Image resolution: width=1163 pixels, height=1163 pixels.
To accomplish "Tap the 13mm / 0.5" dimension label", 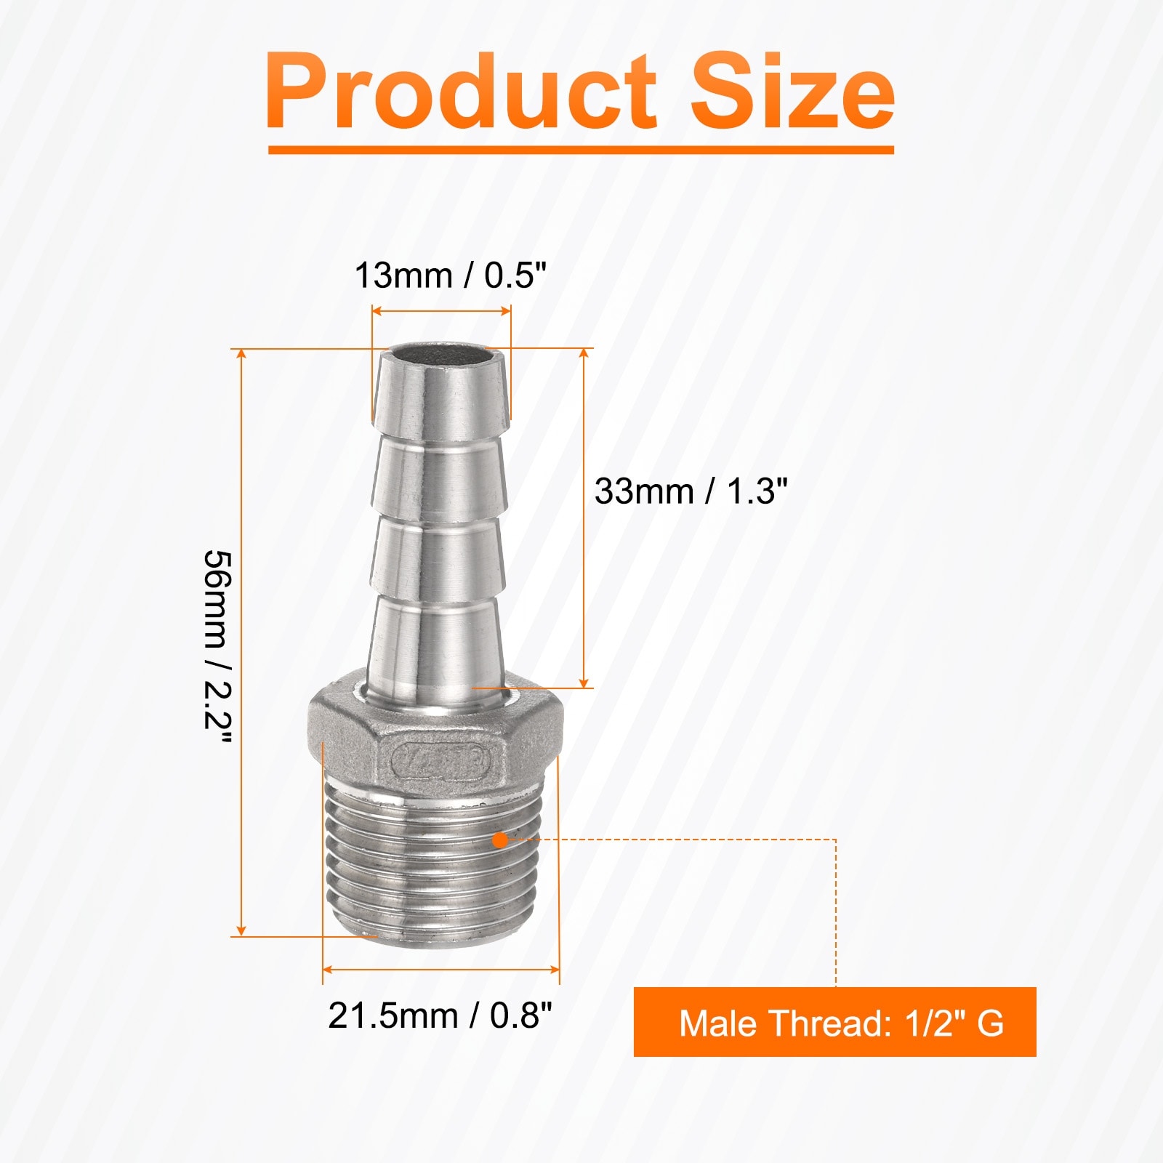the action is [450, 275].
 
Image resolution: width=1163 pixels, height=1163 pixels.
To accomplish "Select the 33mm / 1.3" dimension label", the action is [691, 491].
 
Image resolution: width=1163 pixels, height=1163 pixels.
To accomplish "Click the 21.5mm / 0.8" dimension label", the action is [440, 1015].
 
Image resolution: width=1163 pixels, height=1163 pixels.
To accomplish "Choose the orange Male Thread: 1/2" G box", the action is [834, 1021].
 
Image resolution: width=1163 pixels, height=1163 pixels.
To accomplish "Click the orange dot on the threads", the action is [499, 840].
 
